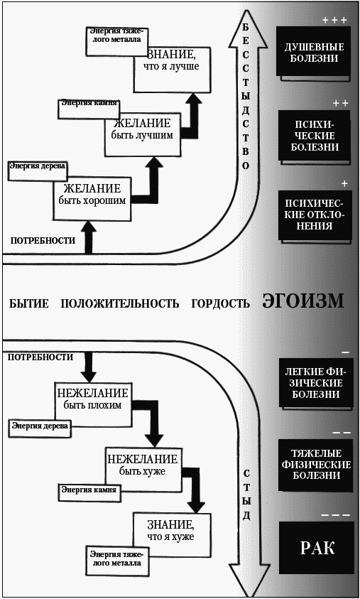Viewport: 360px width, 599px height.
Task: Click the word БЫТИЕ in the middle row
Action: pyautogui.click(x=29, y=303)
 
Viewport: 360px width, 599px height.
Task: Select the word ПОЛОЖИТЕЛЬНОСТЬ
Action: pyautogui.click(x=119, y=303)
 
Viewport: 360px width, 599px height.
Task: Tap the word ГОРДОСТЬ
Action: pyautogui.click(x=220, y=303)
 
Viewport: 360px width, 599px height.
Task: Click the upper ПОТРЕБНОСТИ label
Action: pyautogui.click(x=43, y=240)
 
